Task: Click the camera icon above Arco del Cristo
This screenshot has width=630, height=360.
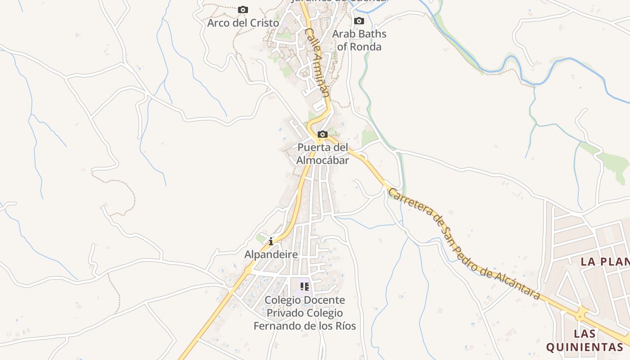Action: click(x=243, y=9)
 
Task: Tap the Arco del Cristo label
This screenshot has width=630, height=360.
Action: click(x=243, y=22)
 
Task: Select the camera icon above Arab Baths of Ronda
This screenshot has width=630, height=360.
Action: click(x=359, y=21)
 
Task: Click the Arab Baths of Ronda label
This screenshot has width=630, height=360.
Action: click(x=359, y=40)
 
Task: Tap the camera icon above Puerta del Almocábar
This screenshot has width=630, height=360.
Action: click(x=323, y=134)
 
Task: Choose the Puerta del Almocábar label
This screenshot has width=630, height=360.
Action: click(x=323, y=153)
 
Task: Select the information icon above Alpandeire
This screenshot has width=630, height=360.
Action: click(x=271, y=241)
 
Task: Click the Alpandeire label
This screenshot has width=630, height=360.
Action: click(x=271, y=255)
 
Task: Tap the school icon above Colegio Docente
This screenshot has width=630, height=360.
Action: click(x=305, y=286)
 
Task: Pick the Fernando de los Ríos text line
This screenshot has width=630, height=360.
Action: click(x=305, y=326)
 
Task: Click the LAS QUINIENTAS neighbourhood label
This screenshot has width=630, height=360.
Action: click(x=584, y=340)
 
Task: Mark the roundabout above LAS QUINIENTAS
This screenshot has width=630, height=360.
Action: click(x=582, y=313)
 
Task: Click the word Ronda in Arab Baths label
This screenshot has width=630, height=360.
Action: click(x=365, y=47)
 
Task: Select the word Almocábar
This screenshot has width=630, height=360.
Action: click(x=323, y=160)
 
